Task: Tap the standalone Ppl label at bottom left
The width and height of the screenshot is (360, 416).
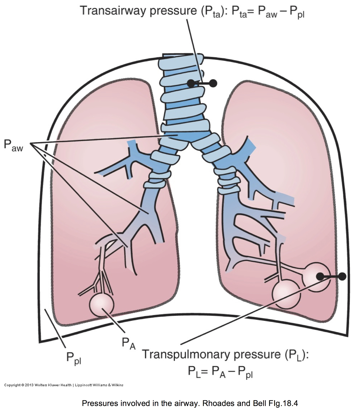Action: [x=74, y=358]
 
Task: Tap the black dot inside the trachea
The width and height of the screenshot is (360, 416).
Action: [x=192, y=83]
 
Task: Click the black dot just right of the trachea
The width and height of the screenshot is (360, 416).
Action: [x=213, y=83]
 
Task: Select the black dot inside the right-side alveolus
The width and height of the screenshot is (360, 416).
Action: [x=320, y=276]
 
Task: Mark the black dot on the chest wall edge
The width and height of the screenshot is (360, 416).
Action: [x=342, y=276]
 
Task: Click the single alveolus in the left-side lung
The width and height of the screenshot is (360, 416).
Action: [x=101, y=305]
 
